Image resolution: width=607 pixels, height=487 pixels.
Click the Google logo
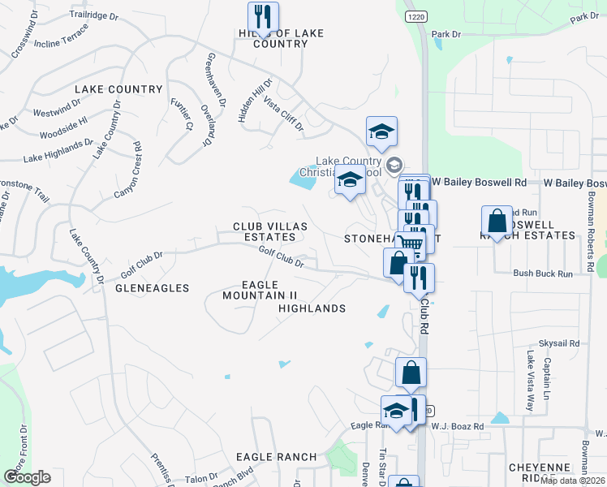click(27, 477)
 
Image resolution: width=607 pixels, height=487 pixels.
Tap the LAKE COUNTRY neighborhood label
click(118, 89)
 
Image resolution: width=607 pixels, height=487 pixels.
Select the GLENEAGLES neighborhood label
click(152, 288)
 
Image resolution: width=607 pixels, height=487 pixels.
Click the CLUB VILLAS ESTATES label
click(264, 232)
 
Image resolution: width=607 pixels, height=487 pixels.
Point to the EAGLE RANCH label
click(276, 457)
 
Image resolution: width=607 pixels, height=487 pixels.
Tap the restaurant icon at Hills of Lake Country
click(263, 16)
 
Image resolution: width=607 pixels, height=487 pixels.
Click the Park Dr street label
click(446, 34)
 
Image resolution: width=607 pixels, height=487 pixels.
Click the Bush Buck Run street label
click(543, 274)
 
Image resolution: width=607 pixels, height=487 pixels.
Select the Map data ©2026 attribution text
click(572, 481)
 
